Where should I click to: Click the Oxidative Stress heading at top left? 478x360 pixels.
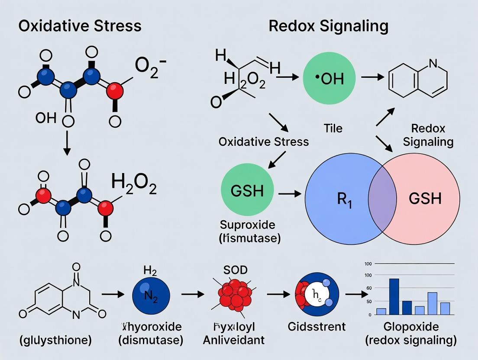click(80, 26)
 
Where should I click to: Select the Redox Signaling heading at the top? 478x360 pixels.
click(328, 26)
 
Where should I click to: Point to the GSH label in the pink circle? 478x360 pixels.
click(425, 199)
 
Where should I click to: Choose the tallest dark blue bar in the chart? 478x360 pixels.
click(394, 296)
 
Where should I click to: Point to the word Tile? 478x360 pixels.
click(333, 128)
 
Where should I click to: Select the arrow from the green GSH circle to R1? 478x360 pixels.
click(289, 194)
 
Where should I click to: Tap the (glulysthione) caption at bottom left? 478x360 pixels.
click(56, 340)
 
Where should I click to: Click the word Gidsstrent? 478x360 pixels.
click(317, 326)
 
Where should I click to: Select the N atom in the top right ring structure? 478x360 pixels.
click(433, 63)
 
